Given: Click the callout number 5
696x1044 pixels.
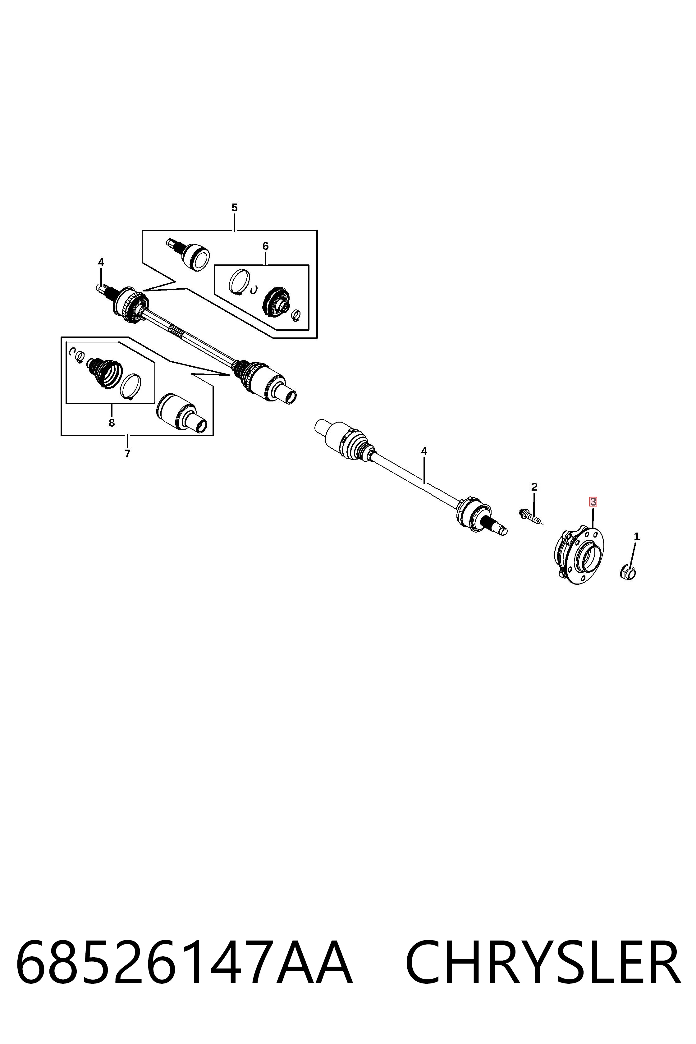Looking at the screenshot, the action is coord(234,207).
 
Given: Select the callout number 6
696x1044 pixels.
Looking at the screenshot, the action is coord(265,246).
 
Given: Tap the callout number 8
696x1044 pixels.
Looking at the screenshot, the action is coord(112,423).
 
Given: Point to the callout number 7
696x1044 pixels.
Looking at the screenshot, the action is coord(127,454).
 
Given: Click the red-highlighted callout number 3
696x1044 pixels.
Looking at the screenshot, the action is coord(593,502).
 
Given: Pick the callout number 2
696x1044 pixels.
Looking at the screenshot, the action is coord(534,487).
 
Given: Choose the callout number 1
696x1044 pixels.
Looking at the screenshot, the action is coord(637,537).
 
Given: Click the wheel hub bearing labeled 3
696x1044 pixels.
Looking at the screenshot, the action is coord(579,555).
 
